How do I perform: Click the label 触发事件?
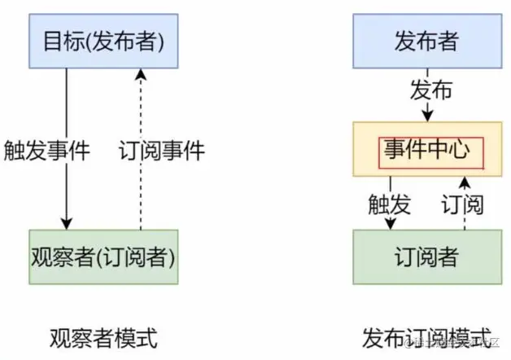[x=46, y=150]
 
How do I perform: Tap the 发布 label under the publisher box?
[x=430, y=90]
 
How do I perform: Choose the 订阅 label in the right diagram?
[x=461, y=203]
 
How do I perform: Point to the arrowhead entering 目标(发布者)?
[x=141, y=75]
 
